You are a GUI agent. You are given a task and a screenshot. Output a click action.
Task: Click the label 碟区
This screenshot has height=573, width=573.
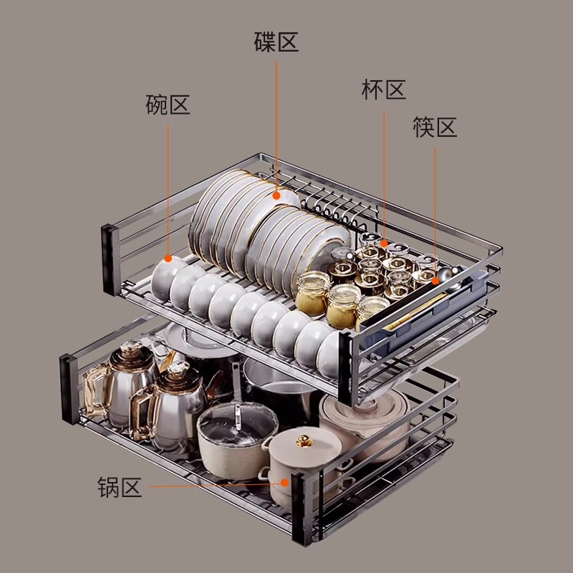click(276, 42)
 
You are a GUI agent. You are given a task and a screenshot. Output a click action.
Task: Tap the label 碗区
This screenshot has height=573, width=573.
click(168, 105)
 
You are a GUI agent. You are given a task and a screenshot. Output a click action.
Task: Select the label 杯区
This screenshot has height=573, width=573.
click(384, 90)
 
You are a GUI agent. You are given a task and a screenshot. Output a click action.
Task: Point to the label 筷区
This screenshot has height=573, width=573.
click(435, 127)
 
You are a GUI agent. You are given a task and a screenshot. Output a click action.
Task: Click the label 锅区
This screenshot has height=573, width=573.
click(120, 487)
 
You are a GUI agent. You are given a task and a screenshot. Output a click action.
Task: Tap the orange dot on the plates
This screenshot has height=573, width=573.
click(276, 196)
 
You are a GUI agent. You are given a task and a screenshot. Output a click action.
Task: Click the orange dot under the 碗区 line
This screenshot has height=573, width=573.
click(168, 259)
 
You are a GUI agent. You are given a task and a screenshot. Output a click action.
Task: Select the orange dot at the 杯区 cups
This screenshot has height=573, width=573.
click(384, 243)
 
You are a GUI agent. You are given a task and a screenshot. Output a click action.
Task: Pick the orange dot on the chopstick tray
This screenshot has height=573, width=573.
click(435, 281)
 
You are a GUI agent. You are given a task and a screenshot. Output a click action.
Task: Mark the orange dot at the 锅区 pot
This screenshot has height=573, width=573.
click(284, 482)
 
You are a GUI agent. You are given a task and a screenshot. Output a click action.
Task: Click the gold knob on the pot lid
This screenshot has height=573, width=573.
click(304, 440)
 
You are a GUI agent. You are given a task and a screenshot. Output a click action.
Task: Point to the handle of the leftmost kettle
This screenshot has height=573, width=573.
click(95, 390)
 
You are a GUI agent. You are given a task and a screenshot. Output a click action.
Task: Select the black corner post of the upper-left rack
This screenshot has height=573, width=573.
click(110, 259)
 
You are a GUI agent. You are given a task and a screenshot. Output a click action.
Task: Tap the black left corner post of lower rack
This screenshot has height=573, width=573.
click(69, 389)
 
